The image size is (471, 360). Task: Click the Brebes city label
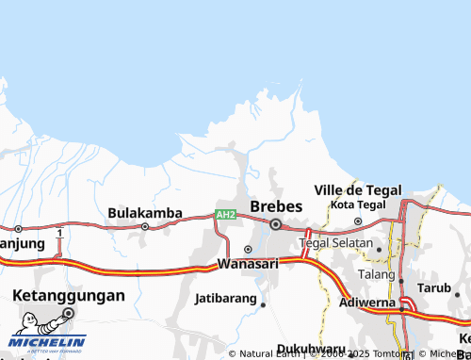click(x=276, y=206)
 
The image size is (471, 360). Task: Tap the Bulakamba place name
click(x=145, y=213)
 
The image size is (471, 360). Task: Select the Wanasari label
click(x=249, y=264)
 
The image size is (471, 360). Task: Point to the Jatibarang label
click(x=225, y=299)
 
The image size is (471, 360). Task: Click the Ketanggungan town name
click(x=68, y=295)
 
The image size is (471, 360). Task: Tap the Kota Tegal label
click(x=358, y=205)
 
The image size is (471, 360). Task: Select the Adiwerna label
click(x=368, y=305)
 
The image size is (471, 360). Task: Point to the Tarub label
click(x=434, y=286)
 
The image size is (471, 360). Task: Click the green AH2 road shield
click(x=225, y=215)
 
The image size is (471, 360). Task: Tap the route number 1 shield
click(x=59, y=232)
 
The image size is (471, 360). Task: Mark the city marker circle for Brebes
click(x=276, y=224)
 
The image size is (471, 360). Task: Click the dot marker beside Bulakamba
click(x=145, y=226)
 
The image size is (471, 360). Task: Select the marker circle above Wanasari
click(x=248, y=250)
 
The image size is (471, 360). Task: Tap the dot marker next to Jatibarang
click(x=264, y=304)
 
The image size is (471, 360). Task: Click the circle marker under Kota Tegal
click(x=358, y=221)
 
